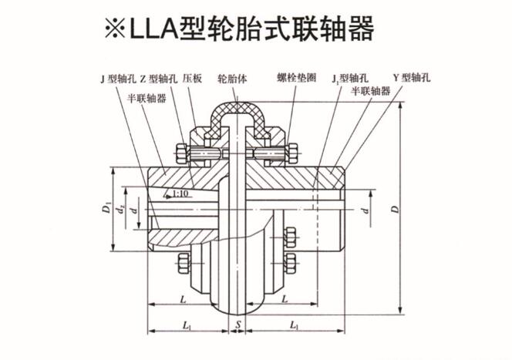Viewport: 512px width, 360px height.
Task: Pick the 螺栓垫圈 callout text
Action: click(x=295, y=79)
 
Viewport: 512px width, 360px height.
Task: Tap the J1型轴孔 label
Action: click(x=345, y=79)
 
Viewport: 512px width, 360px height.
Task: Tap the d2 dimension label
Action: click(x=120, y=210)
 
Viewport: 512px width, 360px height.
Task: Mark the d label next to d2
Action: click(x=135, y=210)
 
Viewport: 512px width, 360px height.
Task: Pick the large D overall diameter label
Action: click(x=394, y=208)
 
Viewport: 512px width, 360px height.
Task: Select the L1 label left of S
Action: click(x=187, y=326)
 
